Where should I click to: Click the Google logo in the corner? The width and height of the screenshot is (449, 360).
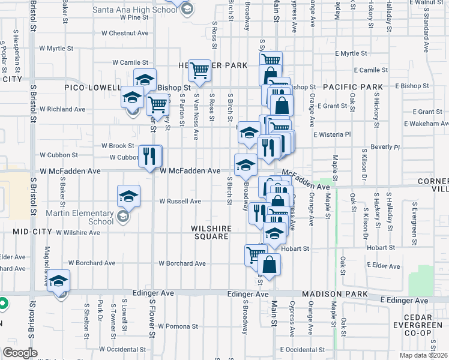pos(19,353)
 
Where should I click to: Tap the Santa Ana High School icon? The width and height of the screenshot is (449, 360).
pos(187,8)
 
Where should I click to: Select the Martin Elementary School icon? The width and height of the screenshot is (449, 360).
pos(122,217)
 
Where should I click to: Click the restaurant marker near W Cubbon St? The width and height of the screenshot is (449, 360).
pos(150,157)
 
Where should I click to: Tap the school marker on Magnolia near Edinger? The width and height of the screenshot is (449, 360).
pos(59,281)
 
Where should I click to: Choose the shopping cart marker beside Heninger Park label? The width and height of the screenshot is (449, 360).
pos(199,71)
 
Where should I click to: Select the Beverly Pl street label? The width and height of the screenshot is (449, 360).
pos(385,147)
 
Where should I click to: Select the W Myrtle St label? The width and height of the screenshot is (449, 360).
pos(56,48)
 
